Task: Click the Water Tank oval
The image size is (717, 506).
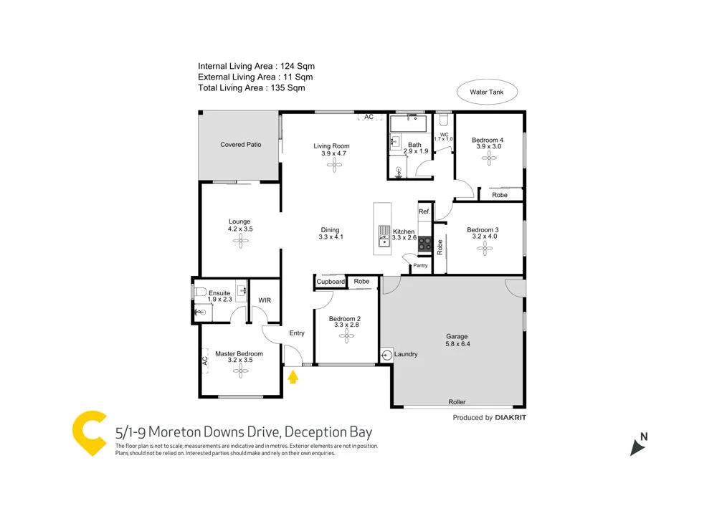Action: [x=487, y=92]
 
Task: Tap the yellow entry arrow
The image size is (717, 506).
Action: [x=293, y=376]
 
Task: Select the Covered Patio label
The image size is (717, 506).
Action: [x=240, y=145]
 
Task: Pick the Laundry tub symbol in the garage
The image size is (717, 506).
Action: [x=387, y=354]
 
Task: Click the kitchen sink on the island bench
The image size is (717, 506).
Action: [x=384, y=235]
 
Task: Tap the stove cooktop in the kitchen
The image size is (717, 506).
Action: [x=424, y=244]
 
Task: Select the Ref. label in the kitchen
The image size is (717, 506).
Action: [x=424, y=211]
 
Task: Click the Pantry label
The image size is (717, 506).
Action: [x=420, y=266]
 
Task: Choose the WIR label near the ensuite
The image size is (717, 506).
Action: [x=264, y=300]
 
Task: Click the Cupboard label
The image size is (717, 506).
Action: [x=331, y=282]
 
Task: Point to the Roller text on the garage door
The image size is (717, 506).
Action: [x=457, y=402]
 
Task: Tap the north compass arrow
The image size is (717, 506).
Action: [x=637, y=446]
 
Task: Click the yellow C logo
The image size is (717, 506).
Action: [x=90, y=434]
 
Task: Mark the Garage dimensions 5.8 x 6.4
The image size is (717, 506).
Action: [x=457, y=345]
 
